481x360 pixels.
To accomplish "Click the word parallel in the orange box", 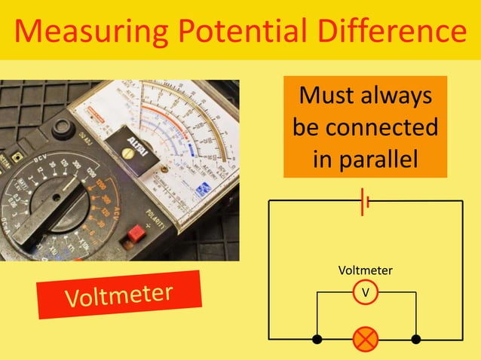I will (365, 159).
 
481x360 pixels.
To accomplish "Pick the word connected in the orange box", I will (382, 127).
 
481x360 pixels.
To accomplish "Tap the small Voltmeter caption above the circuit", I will (366, 270).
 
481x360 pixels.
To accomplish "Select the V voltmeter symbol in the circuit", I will (366, 291).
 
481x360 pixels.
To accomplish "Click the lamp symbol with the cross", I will (366, 339).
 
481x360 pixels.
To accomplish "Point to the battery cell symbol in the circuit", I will (366, 201).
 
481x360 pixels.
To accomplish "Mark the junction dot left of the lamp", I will (317, 339).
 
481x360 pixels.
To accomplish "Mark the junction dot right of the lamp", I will (415, 339).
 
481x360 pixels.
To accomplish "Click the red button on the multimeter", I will (137, 233).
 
